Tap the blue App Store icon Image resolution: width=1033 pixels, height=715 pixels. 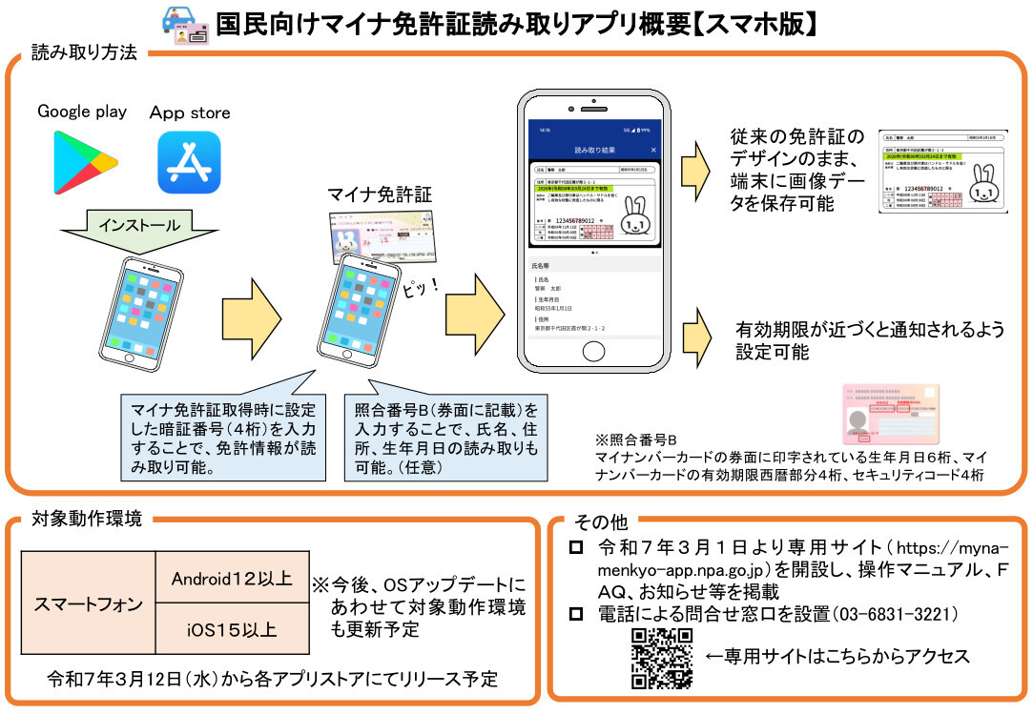click(x=189, y=162)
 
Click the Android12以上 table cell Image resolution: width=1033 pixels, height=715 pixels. click(x=232, y=578)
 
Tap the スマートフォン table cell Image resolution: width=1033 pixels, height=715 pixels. click(x=89, y=603)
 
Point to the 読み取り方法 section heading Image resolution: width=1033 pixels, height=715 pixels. click(x=84, y=52)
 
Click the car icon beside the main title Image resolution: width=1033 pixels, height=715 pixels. click(x=180, y=21)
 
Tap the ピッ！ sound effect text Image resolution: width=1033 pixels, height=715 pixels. click(x=419, y=286)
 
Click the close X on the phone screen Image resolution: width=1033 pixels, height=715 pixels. click(x=653, y=151)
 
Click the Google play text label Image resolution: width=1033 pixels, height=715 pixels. click(x=82, y=112)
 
